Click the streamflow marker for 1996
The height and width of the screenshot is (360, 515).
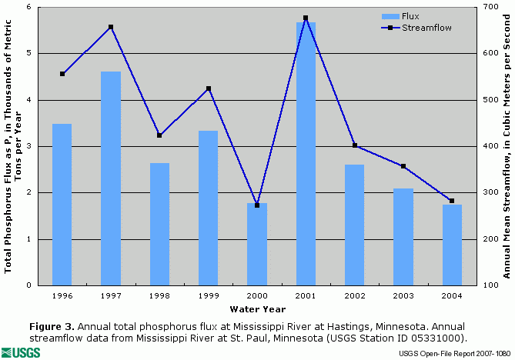point(62,74)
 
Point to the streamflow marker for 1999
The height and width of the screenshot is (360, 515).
point(209,88)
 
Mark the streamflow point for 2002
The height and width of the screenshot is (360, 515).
point(354,145)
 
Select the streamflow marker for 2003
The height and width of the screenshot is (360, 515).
point(403,166)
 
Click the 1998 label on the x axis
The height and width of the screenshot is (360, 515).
point(159,295)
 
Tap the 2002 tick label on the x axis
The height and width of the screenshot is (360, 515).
point(354,295)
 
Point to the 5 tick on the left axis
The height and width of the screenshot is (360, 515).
point(28,53)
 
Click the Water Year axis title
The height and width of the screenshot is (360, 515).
point(256,309)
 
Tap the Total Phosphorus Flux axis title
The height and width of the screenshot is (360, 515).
point(14,147)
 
